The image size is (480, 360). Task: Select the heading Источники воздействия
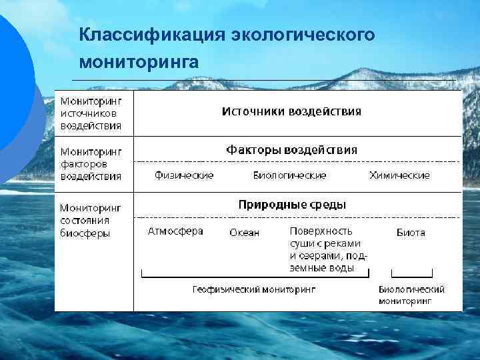point(291,111)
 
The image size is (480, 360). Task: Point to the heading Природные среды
point(292,204)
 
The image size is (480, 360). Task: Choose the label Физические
point(184,175)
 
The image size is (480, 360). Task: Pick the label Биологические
point(289,175)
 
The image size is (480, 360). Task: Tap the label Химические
point(399,175)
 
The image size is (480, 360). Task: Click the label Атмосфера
point(175,231)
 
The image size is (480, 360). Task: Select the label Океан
point(244,233)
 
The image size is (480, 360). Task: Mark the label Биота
point(411,233)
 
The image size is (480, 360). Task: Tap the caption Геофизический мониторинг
point(253,290)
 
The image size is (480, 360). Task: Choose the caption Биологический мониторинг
point(411,295)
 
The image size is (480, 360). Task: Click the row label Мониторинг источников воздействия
point(91,113)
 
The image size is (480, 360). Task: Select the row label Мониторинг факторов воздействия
point(91,164)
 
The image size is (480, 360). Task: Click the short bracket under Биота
point(411,274)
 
